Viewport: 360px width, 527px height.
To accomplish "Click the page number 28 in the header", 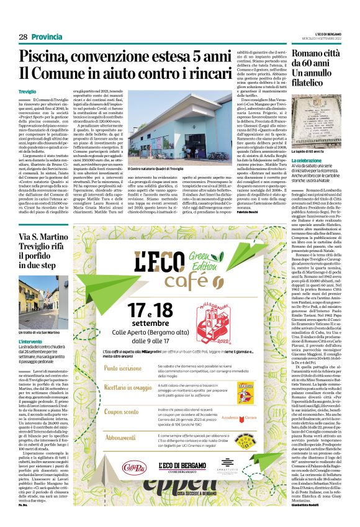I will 23,37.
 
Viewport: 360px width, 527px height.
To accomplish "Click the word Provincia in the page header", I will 46,37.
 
